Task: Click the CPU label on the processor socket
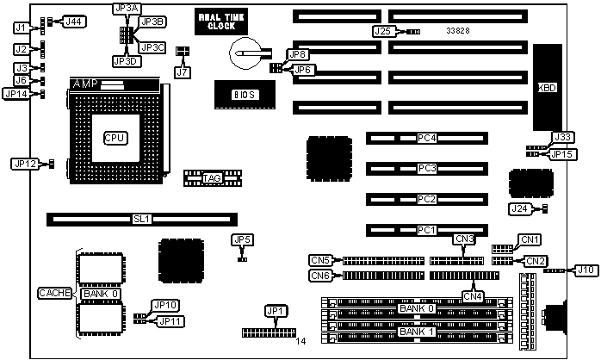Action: click(x=115, y=137)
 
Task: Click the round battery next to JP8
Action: click(x=245, y=53)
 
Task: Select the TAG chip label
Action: click(x=212, y=178)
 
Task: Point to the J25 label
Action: click(x=384, y=31)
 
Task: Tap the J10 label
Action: click(x=586, y=270)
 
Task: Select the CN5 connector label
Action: click(x=320, y=259)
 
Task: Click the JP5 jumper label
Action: click(x=242, y=239)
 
